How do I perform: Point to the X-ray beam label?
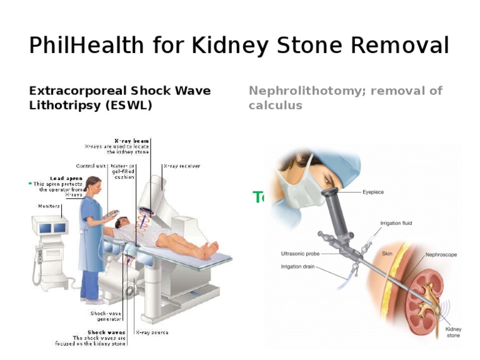(131, 141)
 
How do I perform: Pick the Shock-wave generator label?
(106, 316)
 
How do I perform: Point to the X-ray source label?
(152, 332)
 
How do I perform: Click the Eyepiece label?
(374, 192)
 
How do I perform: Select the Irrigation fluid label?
(396, 223)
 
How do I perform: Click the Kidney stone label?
(453, 332)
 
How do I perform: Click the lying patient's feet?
(209, 250)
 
